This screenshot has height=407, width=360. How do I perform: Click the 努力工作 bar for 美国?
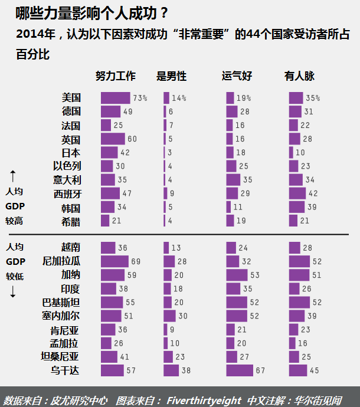pos(115,98)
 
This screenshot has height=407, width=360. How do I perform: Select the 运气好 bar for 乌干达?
pos(239,370)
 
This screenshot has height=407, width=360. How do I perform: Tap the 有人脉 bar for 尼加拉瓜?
pos(299,261)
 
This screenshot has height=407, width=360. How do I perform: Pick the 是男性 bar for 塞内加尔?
pos(168,316)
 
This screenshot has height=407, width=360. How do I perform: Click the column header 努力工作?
pos(116,76)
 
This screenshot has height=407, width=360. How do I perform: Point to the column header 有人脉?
pos(299,76)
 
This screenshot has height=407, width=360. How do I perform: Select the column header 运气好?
pos(237,76)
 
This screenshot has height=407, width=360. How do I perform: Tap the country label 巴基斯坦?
pos(60,303)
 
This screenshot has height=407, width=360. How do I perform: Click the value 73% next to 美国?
pos(140,98)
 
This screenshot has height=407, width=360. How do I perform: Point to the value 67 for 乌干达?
pos(260,370)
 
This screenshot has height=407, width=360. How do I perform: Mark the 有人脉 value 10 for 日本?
pos(300,153)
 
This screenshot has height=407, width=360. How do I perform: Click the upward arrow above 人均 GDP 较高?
pos(13,176)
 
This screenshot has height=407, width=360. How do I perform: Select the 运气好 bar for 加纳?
pos(237,275)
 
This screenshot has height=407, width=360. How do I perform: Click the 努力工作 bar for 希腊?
pos(105,221)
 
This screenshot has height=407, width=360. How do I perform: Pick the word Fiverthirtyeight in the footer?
pos(204,400)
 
